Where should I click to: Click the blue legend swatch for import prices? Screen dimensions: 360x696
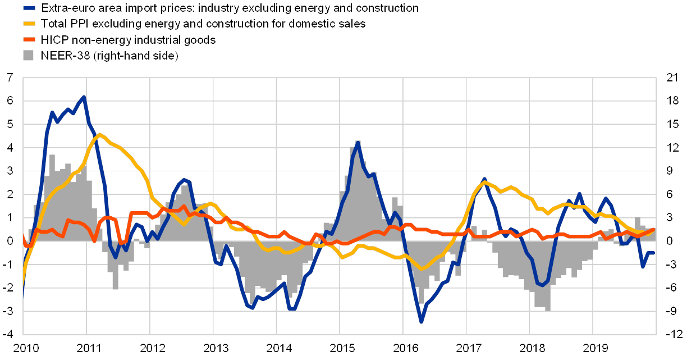[x=29, y=8]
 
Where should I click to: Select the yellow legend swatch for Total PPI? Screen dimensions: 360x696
[x=29, y=24]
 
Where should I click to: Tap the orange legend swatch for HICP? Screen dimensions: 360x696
[x=29, y=40]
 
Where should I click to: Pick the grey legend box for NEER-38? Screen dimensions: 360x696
[x=29, y=56]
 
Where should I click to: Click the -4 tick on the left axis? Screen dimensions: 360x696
[x=9, y=334]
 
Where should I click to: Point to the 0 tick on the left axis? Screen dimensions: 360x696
[x=10, y=241]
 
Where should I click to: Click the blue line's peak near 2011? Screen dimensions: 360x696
[x=84, y=97]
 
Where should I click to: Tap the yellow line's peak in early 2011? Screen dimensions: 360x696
[x=99, y=134]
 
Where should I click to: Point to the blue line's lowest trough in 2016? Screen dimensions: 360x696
[x=421, y=322]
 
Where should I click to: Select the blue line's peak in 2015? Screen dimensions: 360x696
[x=358, y=142]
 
